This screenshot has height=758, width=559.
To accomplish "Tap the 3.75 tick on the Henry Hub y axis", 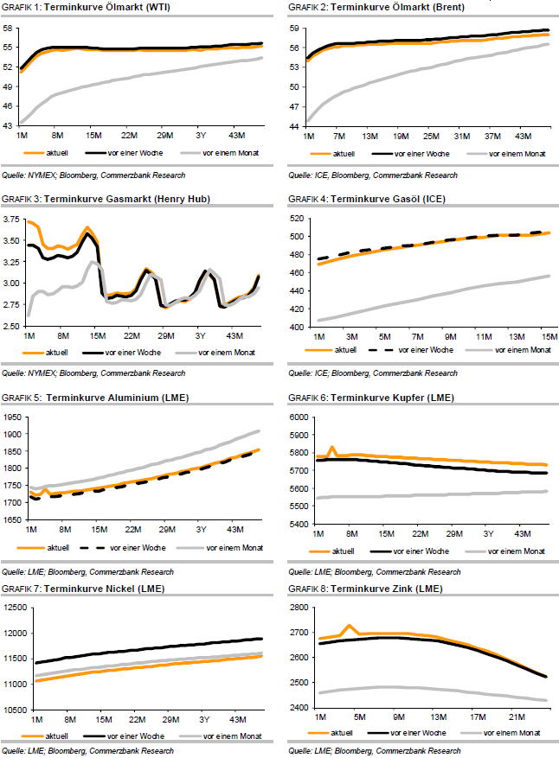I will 12,220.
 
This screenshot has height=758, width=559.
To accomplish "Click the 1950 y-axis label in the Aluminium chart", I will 11,417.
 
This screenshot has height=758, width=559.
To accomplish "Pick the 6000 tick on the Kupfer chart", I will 299,417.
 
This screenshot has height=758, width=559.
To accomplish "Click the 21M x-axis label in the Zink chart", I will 518,717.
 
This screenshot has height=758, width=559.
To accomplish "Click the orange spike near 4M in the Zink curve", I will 350,626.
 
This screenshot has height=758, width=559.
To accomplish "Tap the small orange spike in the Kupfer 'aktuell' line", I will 331,448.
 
